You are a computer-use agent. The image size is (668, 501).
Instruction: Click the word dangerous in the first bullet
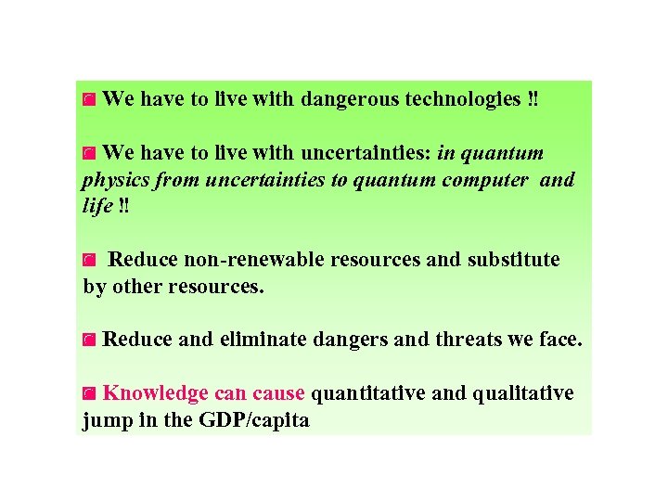click(x=350, y=99)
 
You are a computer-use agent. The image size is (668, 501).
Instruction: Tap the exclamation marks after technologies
click(x=531, y=99)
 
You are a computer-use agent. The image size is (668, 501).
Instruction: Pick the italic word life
click(x=97, y=206)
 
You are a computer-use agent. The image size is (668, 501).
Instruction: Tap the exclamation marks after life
click(x=124, y=206)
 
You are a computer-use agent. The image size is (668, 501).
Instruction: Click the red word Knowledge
click(x=155, y=393)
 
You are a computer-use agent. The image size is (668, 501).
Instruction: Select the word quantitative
click(x=368, y=393)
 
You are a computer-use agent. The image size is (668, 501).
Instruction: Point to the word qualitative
click(x=524, y=393)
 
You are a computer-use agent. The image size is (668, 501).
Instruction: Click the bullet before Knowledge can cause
click(x=89, y=394)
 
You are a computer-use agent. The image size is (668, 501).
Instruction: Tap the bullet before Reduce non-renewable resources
click(x=89, y=261)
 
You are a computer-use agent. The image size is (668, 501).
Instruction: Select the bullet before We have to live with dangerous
click(x=89, y=99)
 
